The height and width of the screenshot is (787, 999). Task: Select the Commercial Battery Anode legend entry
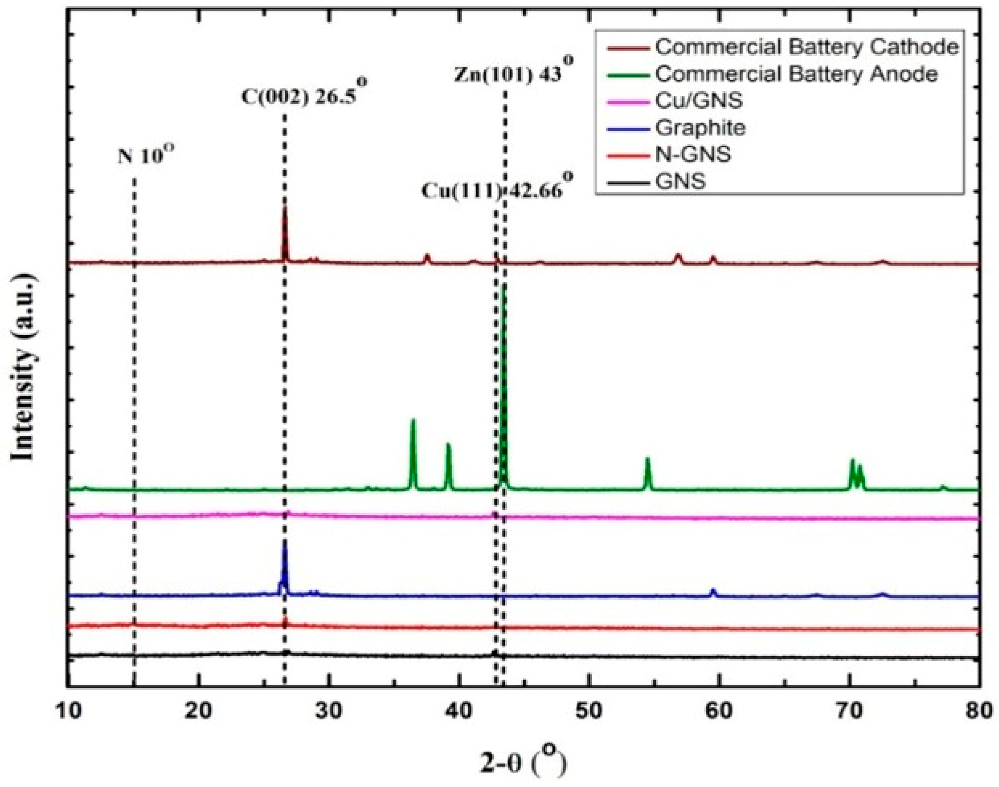pyautogui.click(x=796, y=74)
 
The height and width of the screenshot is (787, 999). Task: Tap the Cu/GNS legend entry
pyautogui.click(x=699, y=100)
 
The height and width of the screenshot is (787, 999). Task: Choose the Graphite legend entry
pyautogui.click(x=700, y=127)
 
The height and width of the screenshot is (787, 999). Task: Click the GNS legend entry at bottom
pyautogui.click(x=680, y=181)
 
